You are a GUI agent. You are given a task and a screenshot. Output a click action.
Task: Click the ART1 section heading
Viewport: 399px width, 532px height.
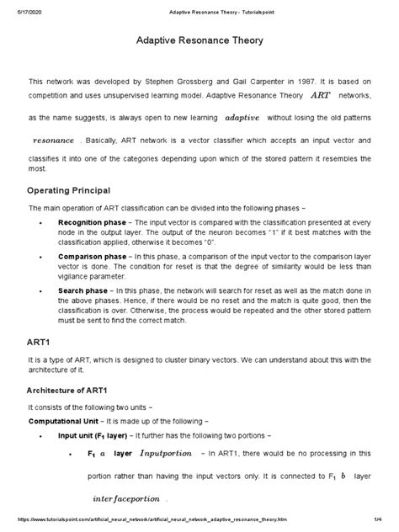tap(40, 342)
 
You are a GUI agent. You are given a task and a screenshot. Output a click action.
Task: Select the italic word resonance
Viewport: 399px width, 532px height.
tap(53, 140)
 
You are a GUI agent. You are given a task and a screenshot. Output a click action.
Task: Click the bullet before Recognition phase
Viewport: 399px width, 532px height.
tap(42, 221)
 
